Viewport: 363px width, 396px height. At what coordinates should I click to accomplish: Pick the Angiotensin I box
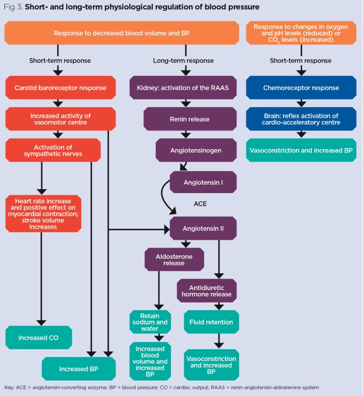(204, 182)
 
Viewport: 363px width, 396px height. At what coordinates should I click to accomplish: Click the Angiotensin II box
(204, 227)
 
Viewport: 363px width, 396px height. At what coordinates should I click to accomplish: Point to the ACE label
(200, 204)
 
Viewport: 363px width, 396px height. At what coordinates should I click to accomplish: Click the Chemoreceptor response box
(300, 88)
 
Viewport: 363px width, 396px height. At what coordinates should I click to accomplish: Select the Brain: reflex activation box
(300, 118)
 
